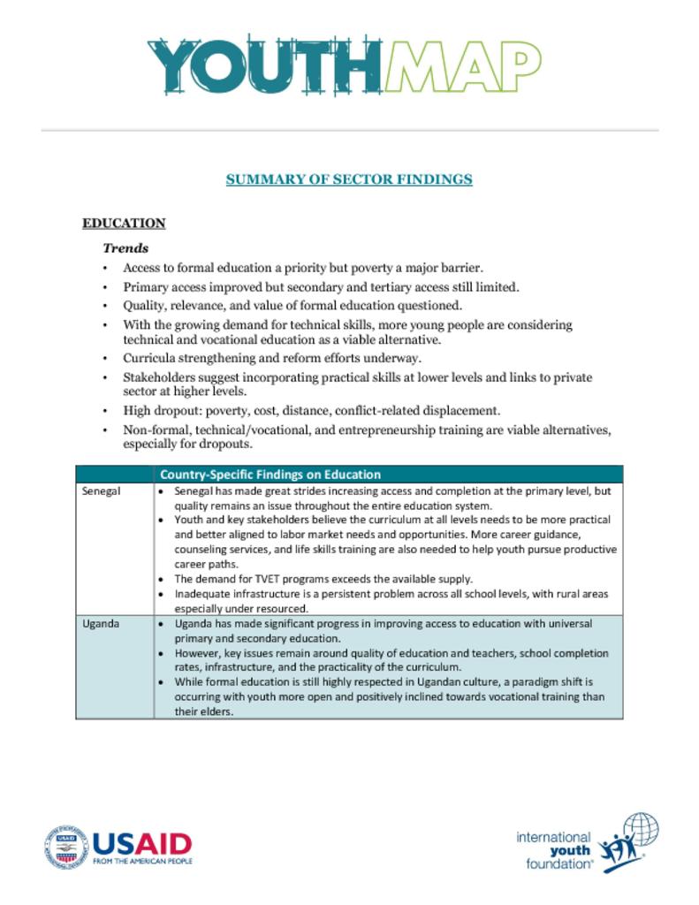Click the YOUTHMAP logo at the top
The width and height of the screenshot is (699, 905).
tap(345, 67)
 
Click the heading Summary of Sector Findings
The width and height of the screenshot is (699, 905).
tap(349, 179)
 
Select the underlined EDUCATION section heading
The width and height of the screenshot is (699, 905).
tap(124, 224)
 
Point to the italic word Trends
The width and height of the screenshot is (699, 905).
tap(125, 248)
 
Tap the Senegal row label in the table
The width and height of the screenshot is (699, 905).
tap(101, 491)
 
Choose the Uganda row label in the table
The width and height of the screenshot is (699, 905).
tap(101, 624)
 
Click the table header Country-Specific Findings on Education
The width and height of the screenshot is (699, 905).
tap(270, 475)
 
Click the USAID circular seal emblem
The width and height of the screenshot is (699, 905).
tap(66, 848)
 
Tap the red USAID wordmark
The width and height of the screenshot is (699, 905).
tap(142, 843)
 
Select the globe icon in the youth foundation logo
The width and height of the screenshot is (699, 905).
tap(640, 832)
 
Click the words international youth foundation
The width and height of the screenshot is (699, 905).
tap(554, 850)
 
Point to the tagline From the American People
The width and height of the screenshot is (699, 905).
tap(142, 860)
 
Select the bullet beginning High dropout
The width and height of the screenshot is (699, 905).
tap(312, 411)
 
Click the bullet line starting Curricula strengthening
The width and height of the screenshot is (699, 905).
tap(272, 358)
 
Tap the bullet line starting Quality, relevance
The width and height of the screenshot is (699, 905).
tap(293, 306)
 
